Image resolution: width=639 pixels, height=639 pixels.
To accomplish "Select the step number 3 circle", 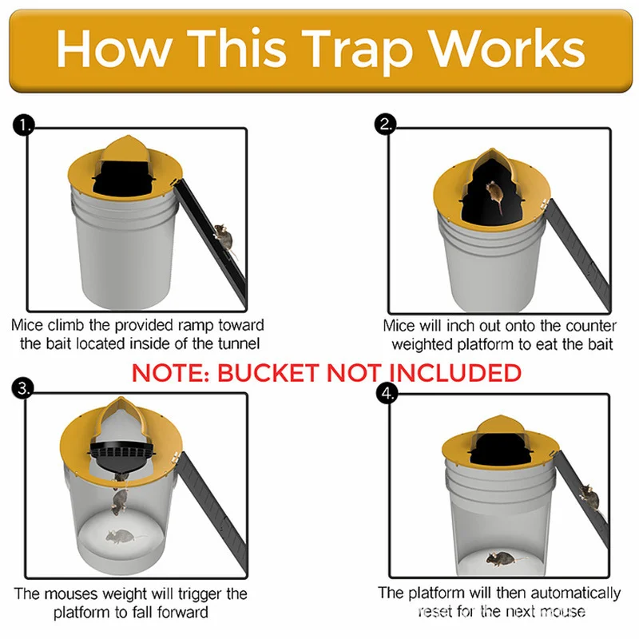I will click(x=25, y=389).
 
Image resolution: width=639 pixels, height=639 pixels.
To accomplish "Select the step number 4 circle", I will click(x=387, y=393).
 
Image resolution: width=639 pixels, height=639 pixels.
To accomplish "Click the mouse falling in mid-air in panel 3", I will click(x=120, y=502).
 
